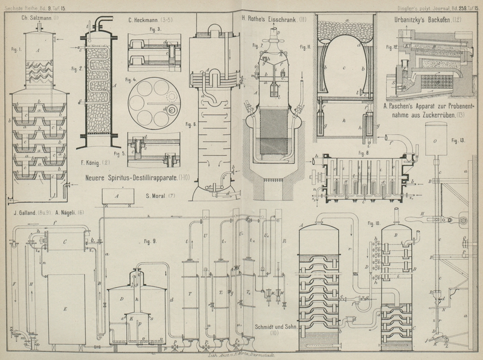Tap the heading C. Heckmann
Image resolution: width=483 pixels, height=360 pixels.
(x=145, y=21)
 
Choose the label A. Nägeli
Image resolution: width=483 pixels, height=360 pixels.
(x=70, y=213)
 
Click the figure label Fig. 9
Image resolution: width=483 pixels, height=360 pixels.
(x=150, y=242)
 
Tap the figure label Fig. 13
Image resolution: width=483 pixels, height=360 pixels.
(x=459, y=140)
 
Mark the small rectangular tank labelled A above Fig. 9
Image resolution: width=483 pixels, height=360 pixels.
(x=118, y=196)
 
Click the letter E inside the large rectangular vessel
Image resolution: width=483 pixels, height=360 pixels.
(x=66, y=307)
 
